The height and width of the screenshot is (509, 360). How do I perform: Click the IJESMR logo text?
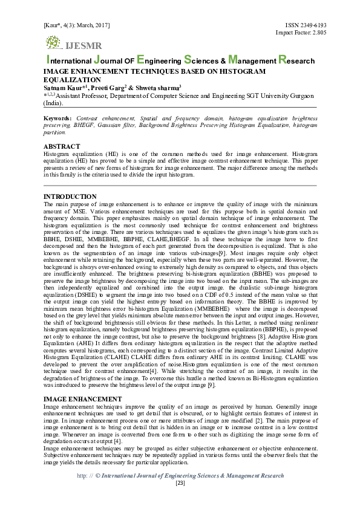(84, 46)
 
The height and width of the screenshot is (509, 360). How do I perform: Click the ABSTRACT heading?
(62, 147)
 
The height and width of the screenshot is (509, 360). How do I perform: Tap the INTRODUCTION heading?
(70, 197)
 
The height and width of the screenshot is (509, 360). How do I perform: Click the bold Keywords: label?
(58, 118)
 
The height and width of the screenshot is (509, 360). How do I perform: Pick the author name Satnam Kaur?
(61, 88)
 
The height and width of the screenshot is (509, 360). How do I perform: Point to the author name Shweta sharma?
(159, 88)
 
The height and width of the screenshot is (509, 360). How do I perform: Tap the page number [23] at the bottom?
(180, 483)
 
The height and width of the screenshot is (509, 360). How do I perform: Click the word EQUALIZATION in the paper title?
(72, 79)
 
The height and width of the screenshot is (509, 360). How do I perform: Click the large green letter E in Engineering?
(141, 60)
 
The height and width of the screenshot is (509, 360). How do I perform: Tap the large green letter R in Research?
(282, 60)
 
